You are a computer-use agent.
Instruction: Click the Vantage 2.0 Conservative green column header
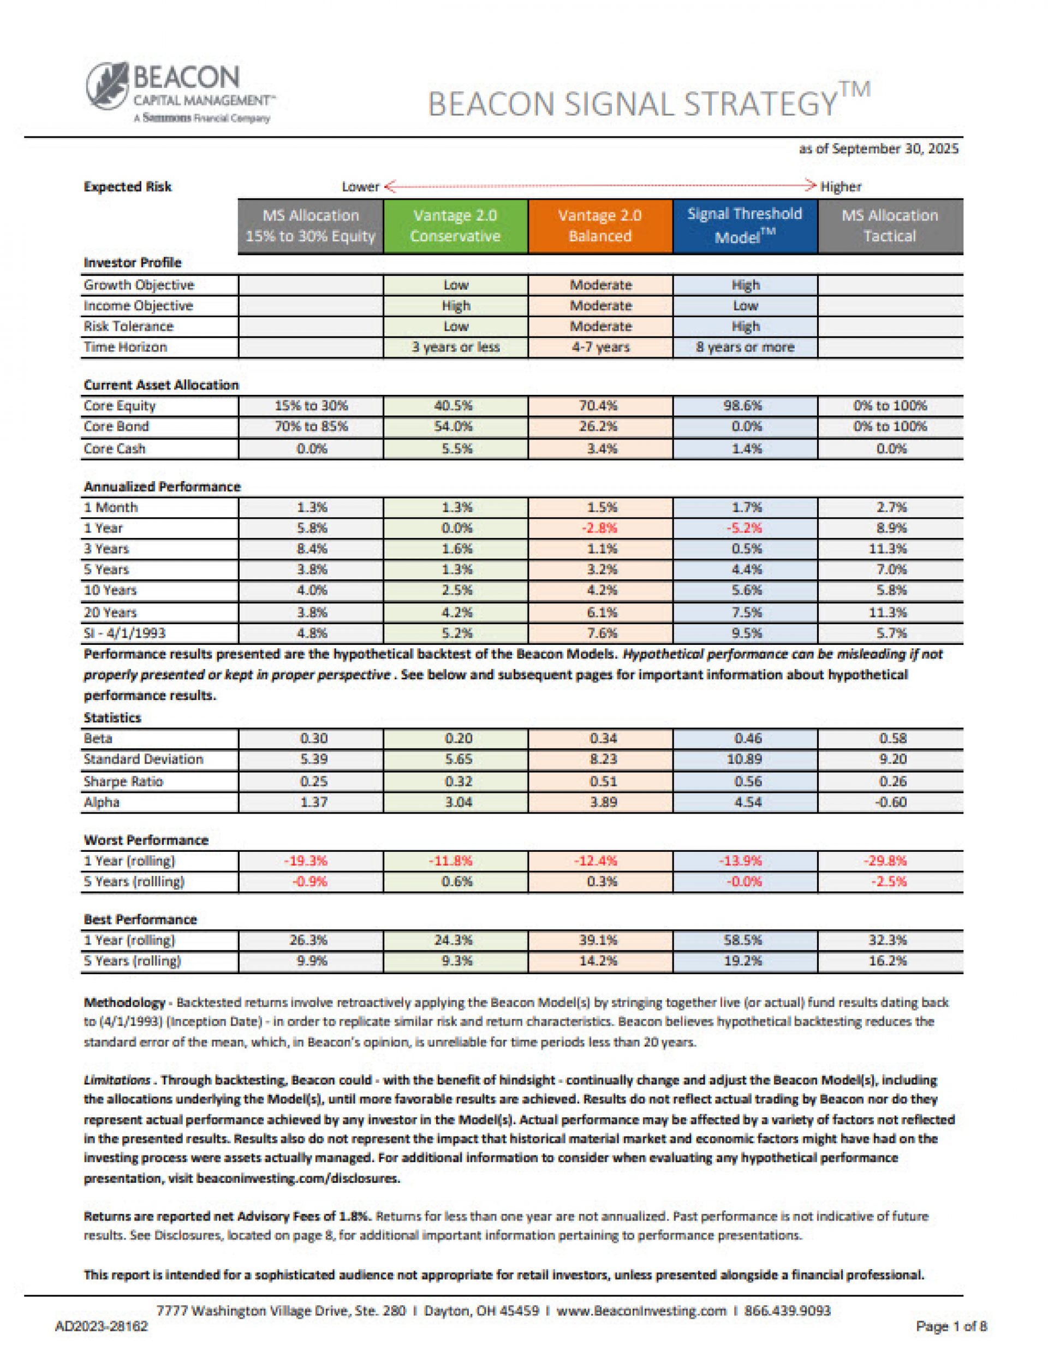pyautogui.click(x=455, y=226)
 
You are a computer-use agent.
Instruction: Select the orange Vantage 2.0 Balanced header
pyautogui.click(x=600, y=226)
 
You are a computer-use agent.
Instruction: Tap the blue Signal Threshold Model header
pyautogui.click(x=745, y=226)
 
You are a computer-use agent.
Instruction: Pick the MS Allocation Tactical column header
pyautogui.click(x=890, y=226)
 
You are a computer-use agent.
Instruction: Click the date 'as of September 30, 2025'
pyautogui.click(x=878, y=149)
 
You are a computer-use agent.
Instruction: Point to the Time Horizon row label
pyautogui.click(x=126, y=347)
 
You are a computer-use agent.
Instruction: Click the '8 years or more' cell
pyautogui.click(x=745, y=347)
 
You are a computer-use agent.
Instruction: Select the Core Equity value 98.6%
pyautogui.click(x=746, y=406)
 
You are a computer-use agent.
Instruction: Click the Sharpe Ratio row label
pyautogui.click(x=123, y=781)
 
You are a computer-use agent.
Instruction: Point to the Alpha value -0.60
pyautogui.click(x=891, y=802)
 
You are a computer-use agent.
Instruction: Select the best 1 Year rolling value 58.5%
pyautogui.click(x=746, y=940)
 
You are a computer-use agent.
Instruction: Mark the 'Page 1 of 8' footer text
pyautogui.click(x=951, y=1326)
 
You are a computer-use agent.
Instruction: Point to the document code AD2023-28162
pyautogui.click(x=102, y=1326)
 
